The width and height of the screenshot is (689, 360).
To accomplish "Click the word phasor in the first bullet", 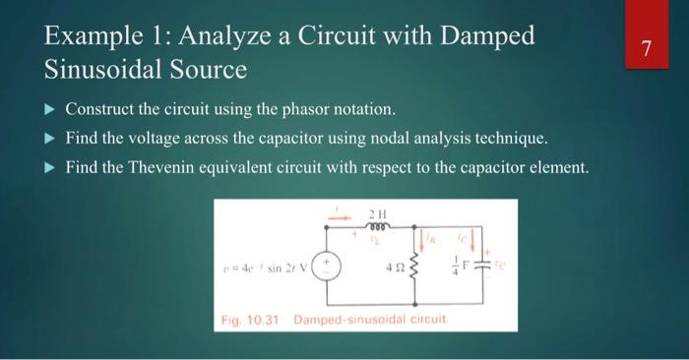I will pos(296,106).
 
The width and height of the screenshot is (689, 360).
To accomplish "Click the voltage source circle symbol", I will pos(327,266).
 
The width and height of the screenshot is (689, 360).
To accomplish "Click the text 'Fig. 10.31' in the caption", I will pos(244,322).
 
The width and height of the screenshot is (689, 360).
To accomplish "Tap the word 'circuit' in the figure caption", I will pos(429,322).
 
